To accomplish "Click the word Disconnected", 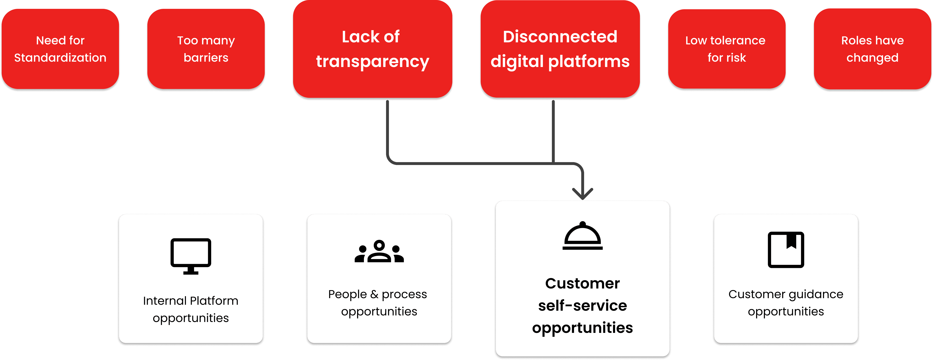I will [x=560, y=37].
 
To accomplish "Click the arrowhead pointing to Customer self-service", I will [x=582, y=194].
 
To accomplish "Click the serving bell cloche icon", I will [x=582, y=236].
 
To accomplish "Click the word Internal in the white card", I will [x=165, y=301].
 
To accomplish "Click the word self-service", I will [x=582, y=306].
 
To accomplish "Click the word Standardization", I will [x=60, y=58].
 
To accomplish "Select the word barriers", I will [x=206, y=58].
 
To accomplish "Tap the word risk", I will [x=737, y=58].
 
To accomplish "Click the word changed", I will [x=872, y=58].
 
